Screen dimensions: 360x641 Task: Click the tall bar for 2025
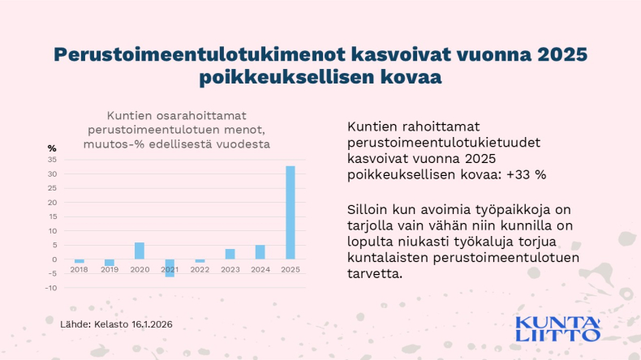click(x=290, y=212)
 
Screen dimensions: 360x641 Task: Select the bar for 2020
click(x=140, y=251)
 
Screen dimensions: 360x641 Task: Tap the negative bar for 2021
click(x=170, y=268)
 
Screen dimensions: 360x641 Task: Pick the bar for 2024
click(x=260, y=252)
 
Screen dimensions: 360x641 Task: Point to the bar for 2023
click(x=230, y=254)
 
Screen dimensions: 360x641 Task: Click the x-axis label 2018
click(x=79, y=268)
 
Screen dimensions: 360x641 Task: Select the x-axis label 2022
click(x=200, y=268)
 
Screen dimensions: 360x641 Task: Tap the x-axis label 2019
click(x=109, y=268)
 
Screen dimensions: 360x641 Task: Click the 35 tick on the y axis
click(x=52, y=160)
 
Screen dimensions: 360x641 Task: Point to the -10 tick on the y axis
click(x=50, y=288)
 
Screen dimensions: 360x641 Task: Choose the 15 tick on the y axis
click(x=52, y=216)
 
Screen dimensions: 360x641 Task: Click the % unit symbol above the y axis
click(x=52, y=148)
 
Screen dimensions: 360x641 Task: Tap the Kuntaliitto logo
click(x=559, y=328)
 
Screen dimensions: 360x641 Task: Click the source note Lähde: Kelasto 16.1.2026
click(x=116, y=324)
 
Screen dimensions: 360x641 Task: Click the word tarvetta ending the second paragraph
click(x=373, y=273)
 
